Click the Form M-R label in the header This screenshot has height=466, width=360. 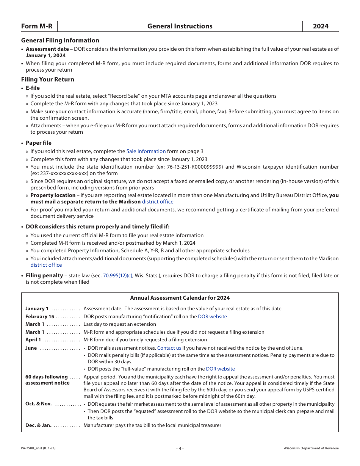click(37, 26)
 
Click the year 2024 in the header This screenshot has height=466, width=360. click(321, 26)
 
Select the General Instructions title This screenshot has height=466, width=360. click(180, 26)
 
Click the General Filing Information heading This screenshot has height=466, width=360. click(60, 41)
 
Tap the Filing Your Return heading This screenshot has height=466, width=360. click(47, 80)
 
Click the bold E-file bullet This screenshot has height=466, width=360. click(33, 88)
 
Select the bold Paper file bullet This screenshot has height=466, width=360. click(38, 143)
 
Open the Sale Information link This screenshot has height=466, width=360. click(146, 151)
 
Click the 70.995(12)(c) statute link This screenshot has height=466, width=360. click(117, 275)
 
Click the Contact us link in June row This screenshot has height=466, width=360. click(169, 348)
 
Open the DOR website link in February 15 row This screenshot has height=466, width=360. click(212, 316)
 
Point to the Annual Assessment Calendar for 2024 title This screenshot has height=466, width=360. click(180, 298)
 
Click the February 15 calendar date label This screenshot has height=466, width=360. click(40, 316)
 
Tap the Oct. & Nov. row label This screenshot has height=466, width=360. click(38, 404)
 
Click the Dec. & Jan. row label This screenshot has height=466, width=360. click(38, 425)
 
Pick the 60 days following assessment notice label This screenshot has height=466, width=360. click(47, 380)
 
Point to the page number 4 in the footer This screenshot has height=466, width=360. click(180, 449)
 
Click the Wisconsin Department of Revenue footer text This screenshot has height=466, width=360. click(311, 449)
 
